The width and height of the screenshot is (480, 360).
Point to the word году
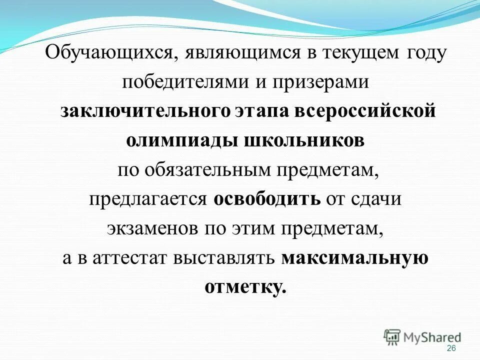[422, 53]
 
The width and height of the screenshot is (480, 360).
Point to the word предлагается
[148, 199]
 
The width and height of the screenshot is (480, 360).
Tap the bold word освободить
[267, 199]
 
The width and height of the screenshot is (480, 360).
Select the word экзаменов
[152, 228]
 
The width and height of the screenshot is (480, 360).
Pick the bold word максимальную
[355, 258]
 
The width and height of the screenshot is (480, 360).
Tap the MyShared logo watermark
[422, 337]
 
